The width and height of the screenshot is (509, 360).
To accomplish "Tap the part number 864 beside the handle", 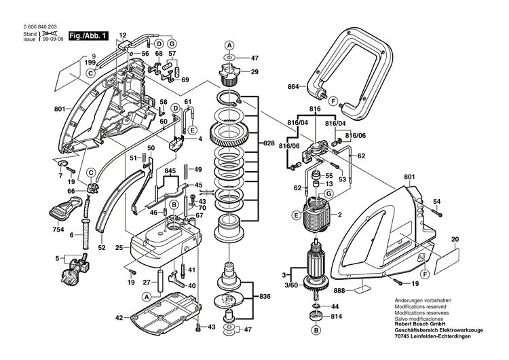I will click(293, 88).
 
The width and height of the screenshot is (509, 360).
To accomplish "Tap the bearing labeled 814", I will click(314, 317).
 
